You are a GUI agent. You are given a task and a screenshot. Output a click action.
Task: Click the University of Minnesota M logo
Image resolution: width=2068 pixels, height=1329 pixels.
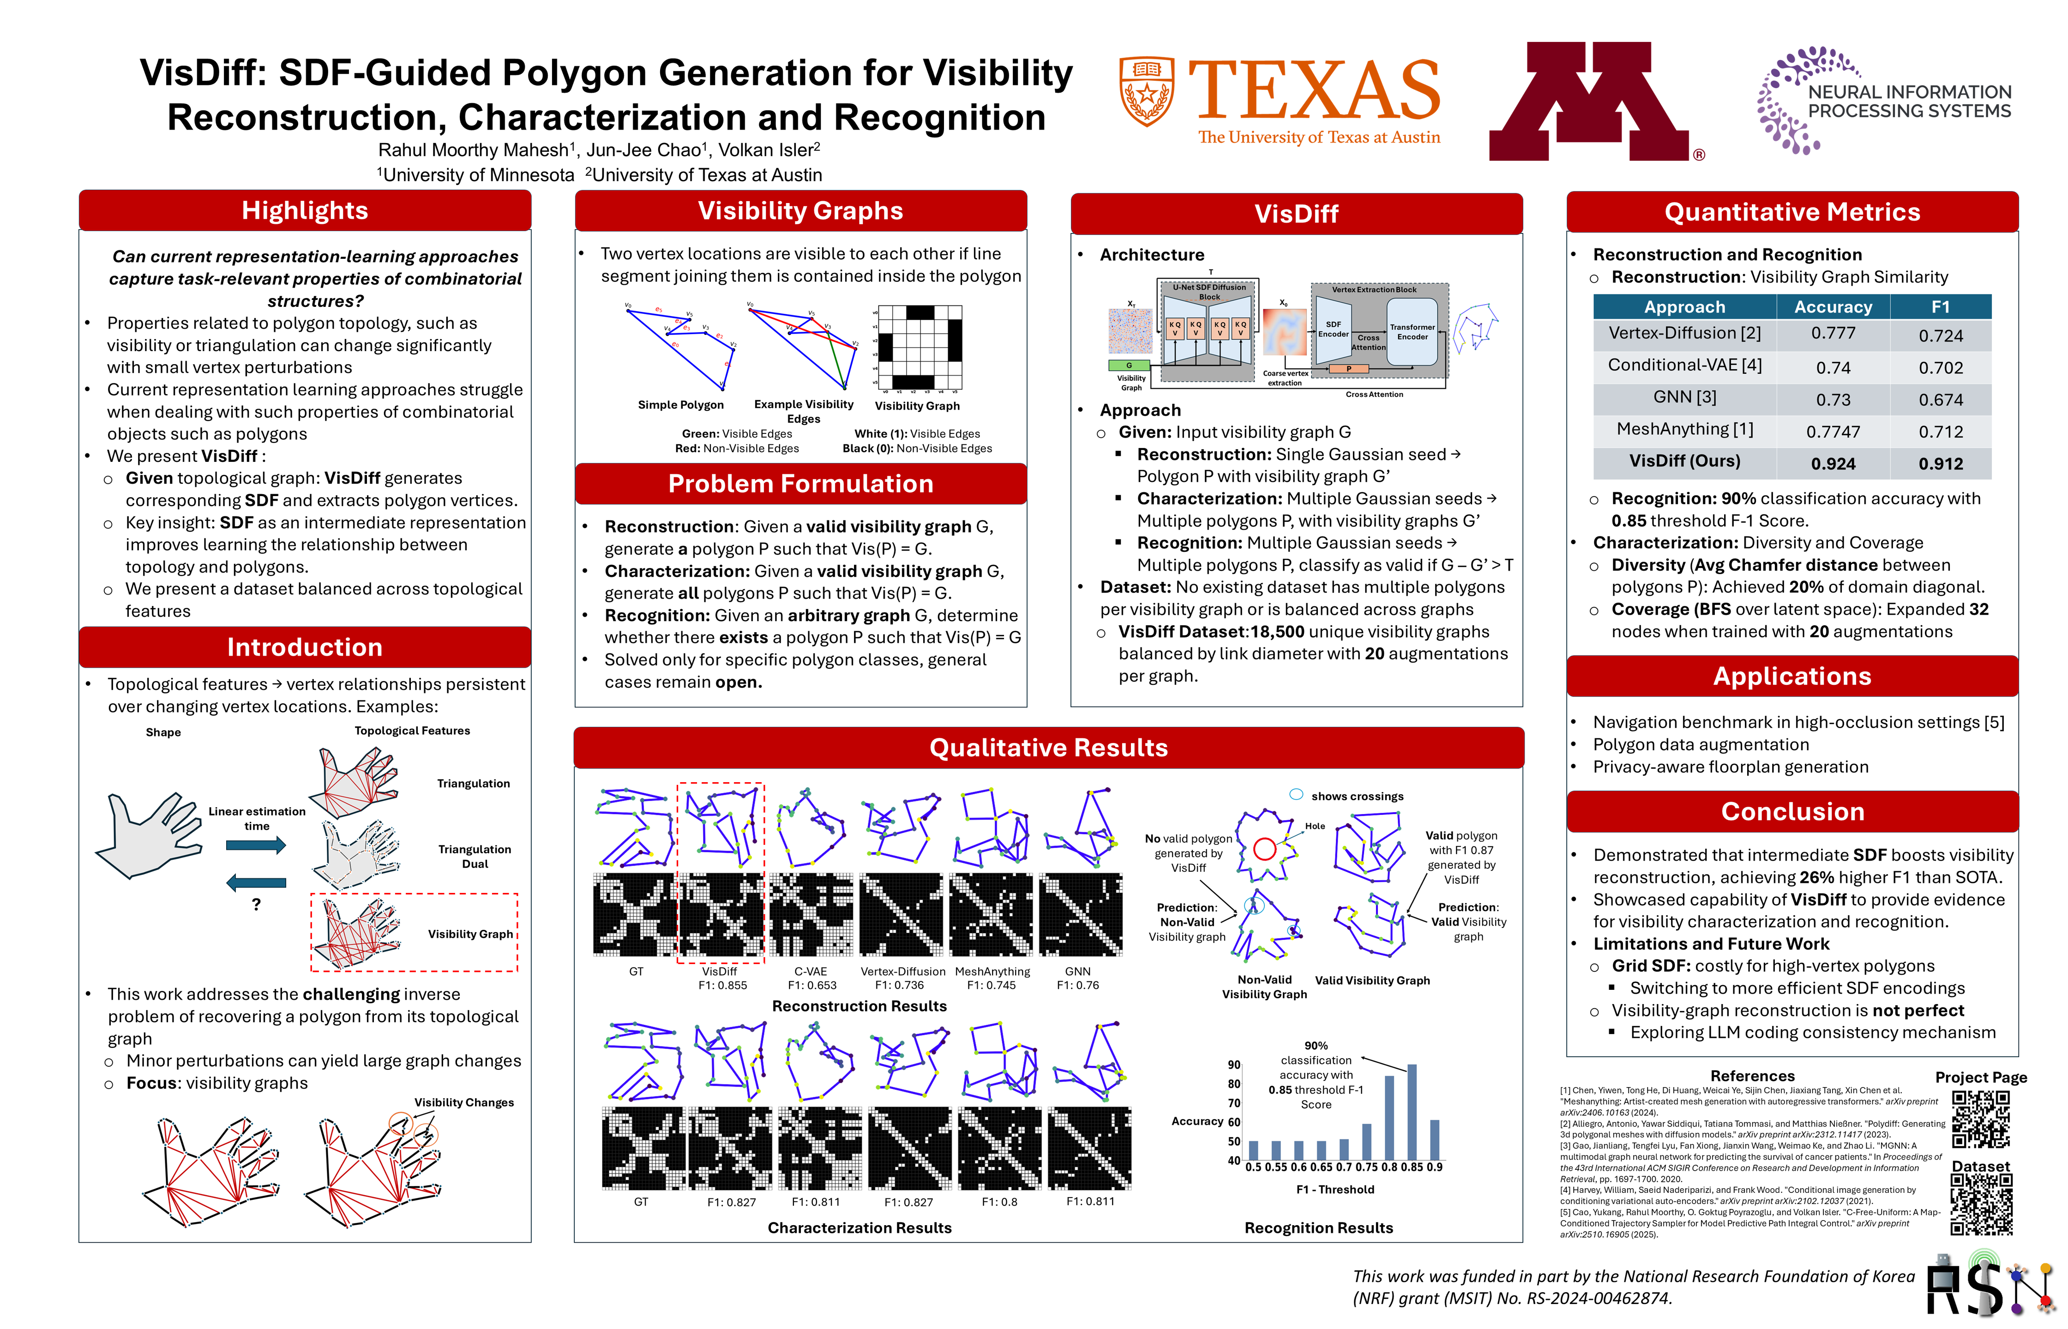coord(1588,102)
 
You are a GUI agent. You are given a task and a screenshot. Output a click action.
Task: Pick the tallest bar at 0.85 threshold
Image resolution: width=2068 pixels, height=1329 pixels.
coord(1412,1112)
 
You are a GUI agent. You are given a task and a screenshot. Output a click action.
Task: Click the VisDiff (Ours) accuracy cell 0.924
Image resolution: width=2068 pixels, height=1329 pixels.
coord(1833,463)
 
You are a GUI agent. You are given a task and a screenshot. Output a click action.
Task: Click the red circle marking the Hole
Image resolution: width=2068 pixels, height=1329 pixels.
coord(1264,849)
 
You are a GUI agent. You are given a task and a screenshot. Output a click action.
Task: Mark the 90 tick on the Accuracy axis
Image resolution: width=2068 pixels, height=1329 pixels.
coord(1234,1065)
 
